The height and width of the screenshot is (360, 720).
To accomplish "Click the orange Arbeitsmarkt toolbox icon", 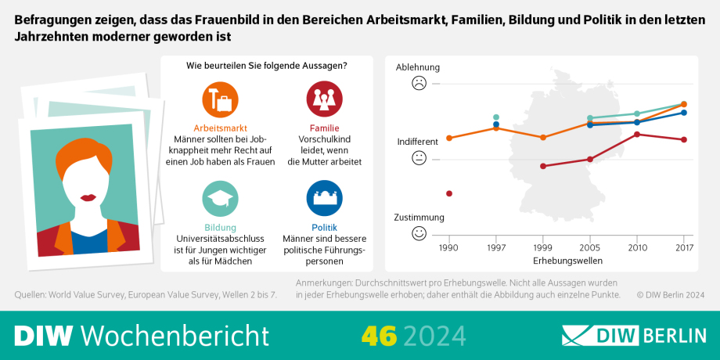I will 220,99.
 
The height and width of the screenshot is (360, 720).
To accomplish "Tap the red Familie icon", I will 324,99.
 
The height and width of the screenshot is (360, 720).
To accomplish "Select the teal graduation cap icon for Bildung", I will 220,198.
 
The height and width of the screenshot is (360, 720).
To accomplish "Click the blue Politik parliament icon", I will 324,198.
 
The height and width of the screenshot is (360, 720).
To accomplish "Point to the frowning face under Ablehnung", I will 419,83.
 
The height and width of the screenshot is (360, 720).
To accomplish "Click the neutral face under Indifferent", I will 419,158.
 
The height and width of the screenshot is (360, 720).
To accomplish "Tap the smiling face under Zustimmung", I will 419,232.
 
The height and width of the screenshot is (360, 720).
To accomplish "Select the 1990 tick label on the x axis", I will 448,247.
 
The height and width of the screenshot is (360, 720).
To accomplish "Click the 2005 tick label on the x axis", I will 589,247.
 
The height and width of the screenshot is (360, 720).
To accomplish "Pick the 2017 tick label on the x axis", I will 684,247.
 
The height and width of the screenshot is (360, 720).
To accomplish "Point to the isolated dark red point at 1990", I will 448,193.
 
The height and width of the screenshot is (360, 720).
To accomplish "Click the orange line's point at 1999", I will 543,137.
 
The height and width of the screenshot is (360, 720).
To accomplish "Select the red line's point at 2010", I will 637,134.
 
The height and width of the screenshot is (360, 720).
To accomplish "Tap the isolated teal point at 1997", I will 496,117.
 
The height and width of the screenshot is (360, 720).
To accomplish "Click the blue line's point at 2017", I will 684,113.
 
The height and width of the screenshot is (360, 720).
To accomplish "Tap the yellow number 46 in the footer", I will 379,335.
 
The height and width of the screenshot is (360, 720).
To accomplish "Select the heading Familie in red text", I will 324,128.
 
